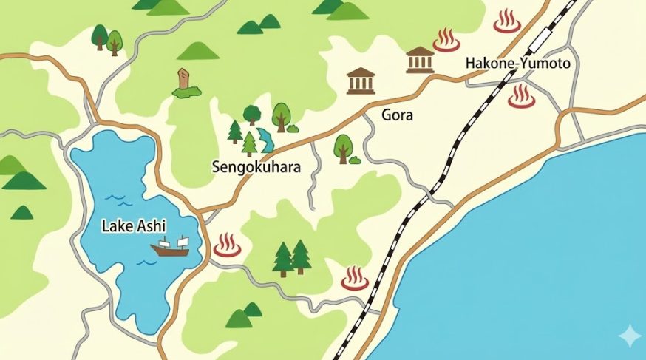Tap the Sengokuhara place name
point(255,168)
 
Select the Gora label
point(397,115)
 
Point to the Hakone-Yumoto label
point(517,64)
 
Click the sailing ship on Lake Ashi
point(170,247)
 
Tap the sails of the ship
point(172,242)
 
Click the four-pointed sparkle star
point(630,336)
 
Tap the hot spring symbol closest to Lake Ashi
point(227,245)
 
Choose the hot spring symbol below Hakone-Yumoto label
point(521,96)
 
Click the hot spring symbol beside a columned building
point(446,40)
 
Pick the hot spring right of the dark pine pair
point(355,279)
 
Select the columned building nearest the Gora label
point(361,81)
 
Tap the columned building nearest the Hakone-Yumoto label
point(420,60)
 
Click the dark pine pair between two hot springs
point(291,258)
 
